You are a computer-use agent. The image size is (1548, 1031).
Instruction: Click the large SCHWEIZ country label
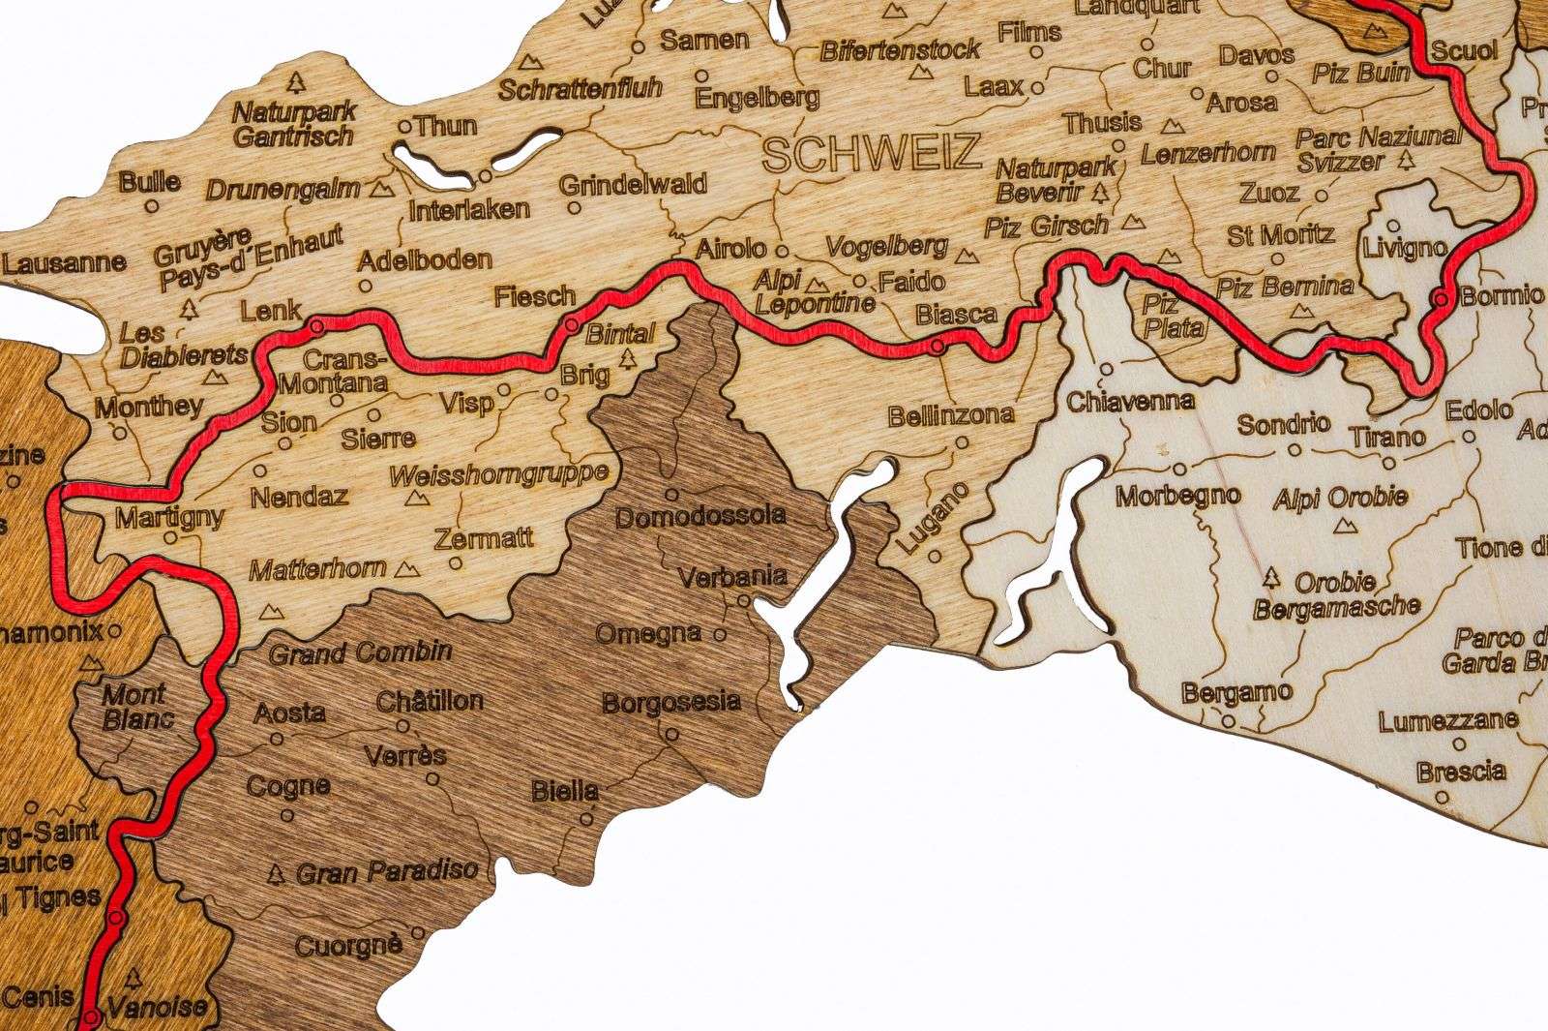[x=872, y=153]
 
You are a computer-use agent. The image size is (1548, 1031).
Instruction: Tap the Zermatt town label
[x=484, y=539]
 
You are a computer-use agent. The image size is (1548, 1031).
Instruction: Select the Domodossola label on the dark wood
[x=700, y=516]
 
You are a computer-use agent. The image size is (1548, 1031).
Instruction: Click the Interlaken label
[x=469, y=209]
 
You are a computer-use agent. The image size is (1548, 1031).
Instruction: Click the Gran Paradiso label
[x=387, y=871]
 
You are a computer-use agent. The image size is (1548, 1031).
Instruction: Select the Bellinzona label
[x=951, y=416]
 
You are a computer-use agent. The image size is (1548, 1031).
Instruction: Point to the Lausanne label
[x=64, y=262]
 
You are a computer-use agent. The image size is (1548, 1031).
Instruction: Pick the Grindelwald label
[x=633, y=184]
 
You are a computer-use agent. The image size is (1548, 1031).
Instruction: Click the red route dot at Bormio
[x=1442, y=298]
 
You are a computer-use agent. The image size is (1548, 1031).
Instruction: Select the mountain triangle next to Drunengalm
[x=387, y=184]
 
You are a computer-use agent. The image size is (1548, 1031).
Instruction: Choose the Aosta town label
[x=289, y=713]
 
